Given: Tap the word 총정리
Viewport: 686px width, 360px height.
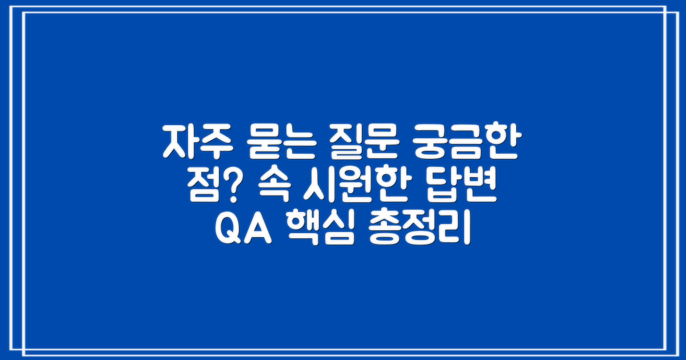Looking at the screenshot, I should click(x=421, y=229).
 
